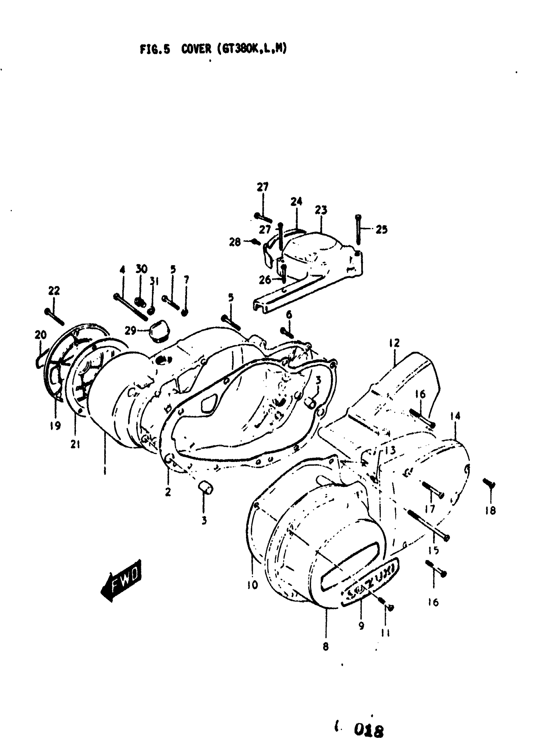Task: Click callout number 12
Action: [x=394, y=343]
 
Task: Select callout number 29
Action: [x=130, y=331]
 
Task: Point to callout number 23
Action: [x=321, y=210]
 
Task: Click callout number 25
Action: [x=381, y=230]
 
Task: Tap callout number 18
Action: [x=491, y=510]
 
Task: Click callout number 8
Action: [x=326, y=646]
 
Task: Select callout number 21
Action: [x=76, y=444]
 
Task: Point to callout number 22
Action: [x=54, y=290]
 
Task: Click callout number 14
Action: [x=455, y=416]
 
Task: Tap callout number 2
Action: [x=168, y=491]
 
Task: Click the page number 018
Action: [x=369, y=731]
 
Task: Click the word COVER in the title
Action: [x=196, y=49]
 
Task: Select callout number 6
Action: [x=289, y=314]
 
